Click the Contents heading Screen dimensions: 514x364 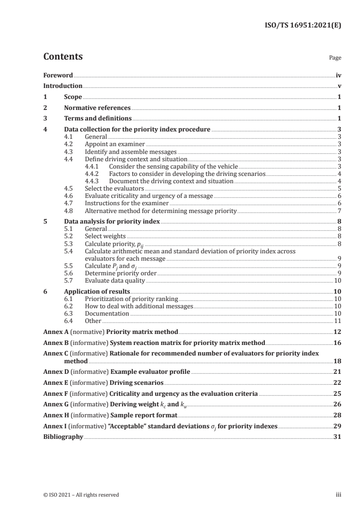[x=63, y=57]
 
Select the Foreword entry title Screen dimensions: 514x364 [x=58, y=75]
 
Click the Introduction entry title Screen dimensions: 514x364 [x=63, y=86]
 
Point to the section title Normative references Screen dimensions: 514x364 [x=97, y=108]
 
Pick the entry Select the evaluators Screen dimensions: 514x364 [x=114, y=188]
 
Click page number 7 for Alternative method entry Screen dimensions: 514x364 [x=339, y=211]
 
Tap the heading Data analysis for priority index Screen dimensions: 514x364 [x=112, y=221]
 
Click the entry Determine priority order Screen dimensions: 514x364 [x=121, y=273]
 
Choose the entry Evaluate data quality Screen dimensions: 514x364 [x=115, y=280]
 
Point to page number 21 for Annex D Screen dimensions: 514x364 [x=337, y=372]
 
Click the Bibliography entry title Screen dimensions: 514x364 [x=63, y=437]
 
